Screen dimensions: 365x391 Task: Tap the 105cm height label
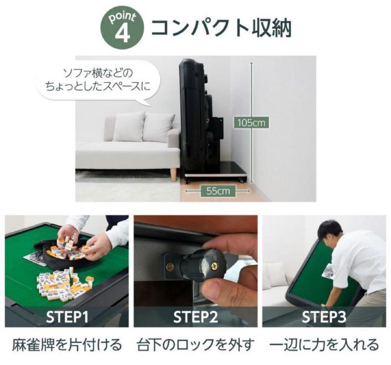(251, 123)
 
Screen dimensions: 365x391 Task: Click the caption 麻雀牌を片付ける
(68, 344)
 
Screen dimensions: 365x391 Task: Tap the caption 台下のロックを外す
(196, 344)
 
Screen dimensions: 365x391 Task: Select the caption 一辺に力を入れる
(324, 344)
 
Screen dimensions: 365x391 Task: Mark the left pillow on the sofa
(129, 127)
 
